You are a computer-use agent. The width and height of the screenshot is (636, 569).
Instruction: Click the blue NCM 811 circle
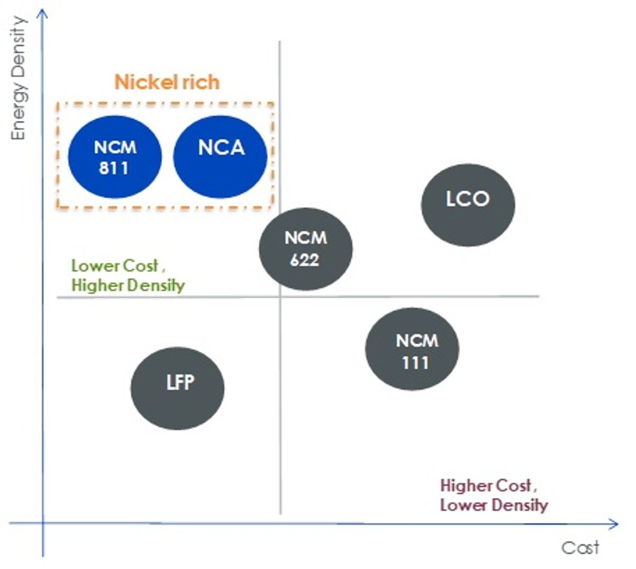pos(115,157)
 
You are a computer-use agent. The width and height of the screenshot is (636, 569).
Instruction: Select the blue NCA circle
pos(220,157)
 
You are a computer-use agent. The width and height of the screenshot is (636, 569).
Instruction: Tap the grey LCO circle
pos(468,205)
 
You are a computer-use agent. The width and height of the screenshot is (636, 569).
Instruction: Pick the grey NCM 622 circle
pos(306,249)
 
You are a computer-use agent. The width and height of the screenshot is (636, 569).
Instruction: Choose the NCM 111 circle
pos(412,349)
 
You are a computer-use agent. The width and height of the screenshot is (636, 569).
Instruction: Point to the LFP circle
pos(178,388)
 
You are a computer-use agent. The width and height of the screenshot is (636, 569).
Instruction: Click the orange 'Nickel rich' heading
pos(167,82)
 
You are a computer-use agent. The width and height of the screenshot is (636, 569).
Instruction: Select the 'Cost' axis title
pos(580,548)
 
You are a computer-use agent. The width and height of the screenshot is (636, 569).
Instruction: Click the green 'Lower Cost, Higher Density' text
pos(128,276)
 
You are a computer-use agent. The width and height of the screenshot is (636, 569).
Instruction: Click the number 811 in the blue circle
pos(113,168)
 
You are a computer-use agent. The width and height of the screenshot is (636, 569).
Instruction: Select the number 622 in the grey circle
pos(305,260)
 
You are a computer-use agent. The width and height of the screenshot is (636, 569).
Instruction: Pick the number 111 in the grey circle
pos(416,363)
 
